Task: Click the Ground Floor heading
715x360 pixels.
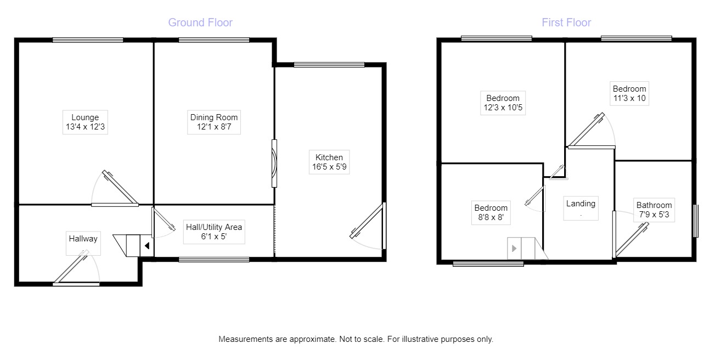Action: tap(200, 22)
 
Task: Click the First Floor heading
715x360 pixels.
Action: tap(566, 22)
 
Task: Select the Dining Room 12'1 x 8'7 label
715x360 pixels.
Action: tap(214, 122)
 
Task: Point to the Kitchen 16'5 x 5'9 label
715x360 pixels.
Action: tap(329, 162)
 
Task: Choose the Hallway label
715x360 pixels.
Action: tap(83, 239)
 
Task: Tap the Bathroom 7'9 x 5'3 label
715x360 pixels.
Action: tap(654, 210)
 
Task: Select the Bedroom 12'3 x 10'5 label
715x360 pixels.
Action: tap(503, 103)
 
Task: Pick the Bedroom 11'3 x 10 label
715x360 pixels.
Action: tap(629, 94)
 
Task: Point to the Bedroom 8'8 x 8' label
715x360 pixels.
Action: tap(491, 213)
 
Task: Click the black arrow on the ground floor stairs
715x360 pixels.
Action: tap(147, 246)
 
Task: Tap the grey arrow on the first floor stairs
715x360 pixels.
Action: tap(514, 249)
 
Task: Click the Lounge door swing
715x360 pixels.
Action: tap(115, 189)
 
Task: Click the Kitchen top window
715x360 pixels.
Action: tap(329, 65)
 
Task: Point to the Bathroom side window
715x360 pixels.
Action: tap(696, 221)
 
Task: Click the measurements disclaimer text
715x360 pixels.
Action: tap(356, 339)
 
